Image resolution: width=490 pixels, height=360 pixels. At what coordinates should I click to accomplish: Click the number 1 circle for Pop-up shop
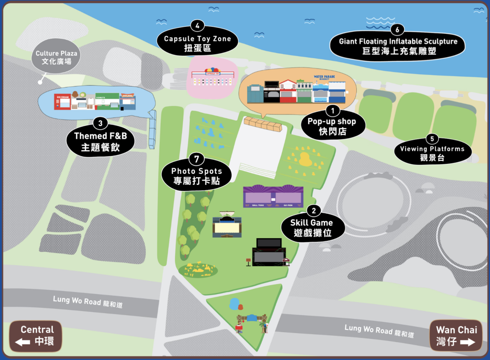click(x=333, y=110)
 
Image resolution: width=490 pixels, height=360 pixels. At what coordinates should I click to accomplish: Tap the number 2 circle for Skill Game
click(x=314, y=210)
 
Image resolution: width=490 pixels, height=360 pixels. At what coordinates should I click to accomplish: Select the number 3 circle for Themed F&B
click(x=100, y=123)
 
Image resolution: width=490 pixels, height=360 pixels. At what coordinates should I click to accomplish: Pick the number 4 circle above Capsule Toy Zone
click(x=197, y=26)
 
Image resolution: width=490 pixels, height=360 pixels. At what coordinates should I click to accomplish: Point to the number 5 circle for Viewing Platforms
click(x=432, y=139)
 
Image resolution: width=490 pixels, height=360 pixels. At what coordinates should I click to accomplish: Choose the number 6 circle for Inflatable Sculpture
click(x=397, y=30)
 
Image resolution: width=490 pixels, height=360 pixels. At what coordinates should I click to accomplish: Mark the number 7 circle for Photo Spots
click(x=196, y=159)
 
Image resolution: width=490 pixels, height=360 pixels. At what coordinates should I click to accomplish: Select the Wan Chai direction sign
click(x=456, y=336)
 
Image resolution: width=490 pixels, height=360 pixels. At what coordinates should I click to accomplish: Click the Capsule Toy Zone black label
click(x=197, y=43)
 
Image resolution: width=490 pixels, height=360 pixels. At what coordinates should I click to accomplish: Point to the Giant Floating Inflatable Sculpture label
click(x=397, y=47)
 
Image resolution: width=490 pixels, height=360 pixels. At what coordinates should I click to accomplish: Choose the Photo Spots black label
click(x=196, y=176)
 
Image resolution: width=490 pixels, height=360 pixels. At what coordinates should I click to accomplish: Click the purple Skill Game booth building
click(x=273, y=197)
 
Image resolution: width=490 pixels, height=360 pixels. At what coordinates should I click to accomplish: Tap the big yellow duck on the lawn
click(x=306, y=159)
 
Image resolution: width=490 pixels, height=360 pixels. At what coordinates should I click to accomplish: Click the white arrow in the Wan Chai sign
click(x=467, y=342)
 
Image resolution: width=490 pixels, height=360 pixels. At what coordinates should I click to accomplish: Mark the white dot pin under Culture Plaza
click(x=41, y=82)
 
